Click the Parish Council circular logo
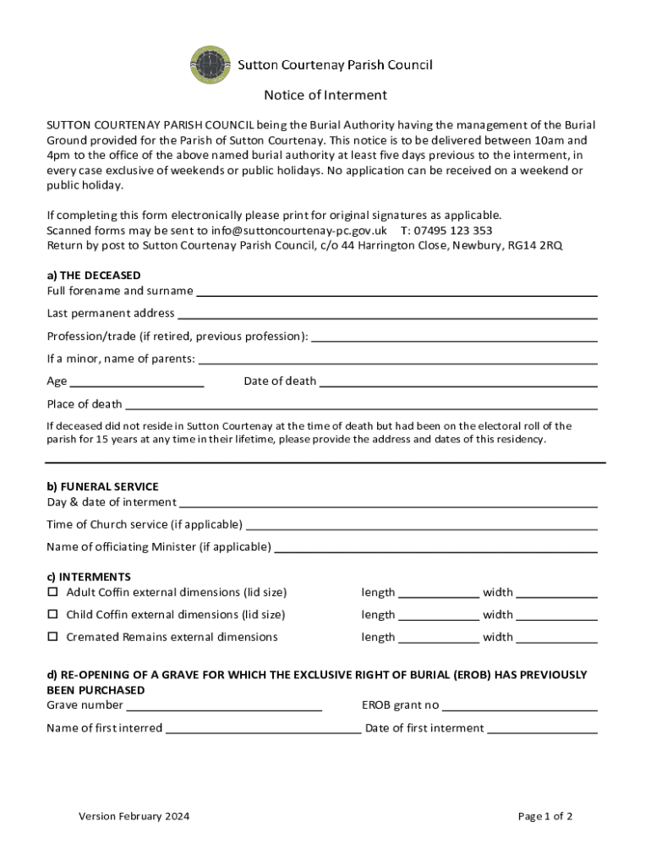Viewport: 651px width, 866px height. pos(211,65)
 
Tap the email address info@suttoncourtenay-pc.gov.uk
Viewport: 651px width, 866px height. pos(287,230)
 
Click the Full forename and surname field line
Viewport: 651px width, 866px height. pos(397,292)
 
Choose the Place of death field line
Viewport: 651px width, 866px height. pos(361,404)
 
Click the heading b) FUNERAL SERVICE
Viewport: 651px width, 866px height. pos(102,487)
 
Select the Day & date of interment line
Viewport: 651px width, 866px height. pos(388,502)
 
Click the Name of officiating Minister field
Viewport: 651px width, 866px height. pos(435,547)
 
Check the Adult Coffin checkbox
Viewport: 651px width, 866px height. pos(52,592)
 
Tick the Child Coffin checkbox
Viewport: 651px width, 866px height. pos(52,614)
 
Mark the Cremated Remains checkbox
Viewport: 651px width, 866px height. pos(52,637)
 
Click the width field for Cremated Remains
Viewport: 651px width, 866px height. pos(556,638)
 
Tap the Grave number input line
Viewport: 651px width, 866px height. pos(224,705)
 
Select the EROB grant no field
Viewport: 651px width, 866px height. pos(520,705)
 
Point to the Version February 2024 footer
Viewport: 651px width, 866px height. pos(134,817)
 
